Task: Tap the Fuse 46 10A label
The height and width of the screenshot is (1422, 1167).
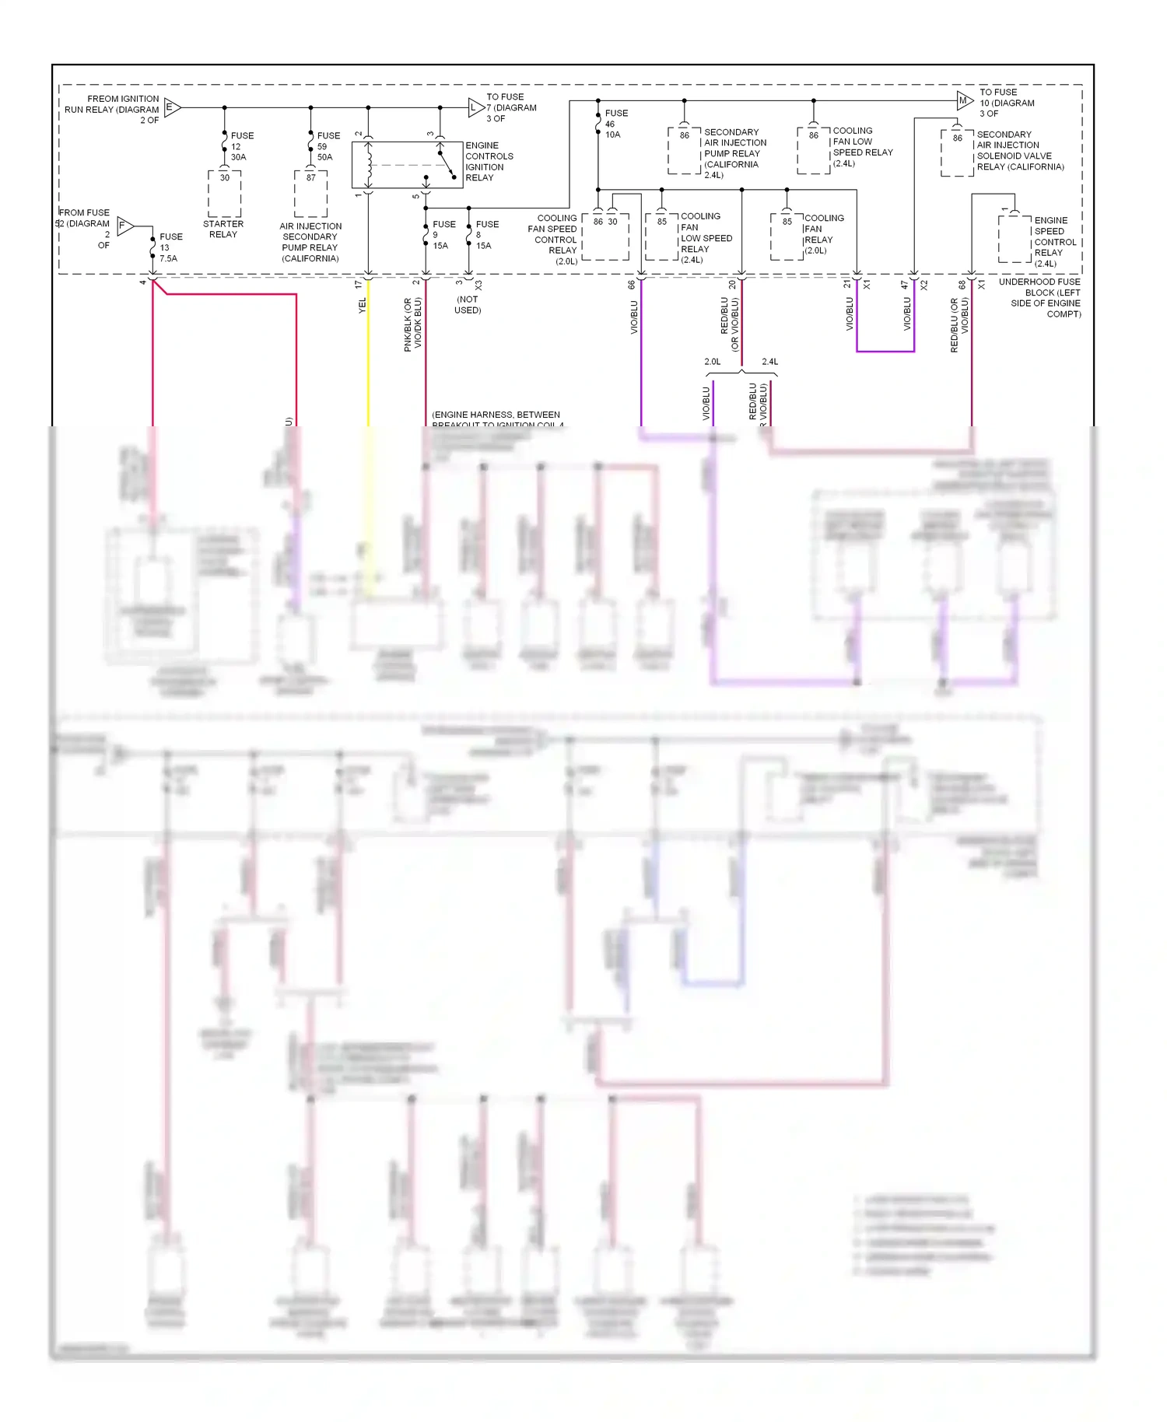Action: point(616,124)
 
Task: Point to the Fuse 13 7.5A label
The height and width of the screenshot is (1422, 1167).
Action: point(170,247)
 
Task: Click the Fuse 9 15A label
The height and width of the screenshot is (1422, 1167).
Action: point(443,235)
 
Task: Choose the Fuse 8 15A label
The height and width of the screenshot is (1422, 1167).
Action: point(486,235)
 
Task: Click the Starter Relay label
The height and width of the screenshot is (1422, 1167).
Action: point(223,229)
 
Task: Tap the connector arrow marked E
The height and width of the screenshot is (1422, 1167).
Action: point(172,107)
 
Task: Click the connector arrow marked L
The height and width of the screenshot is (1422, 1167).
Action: point(475,108)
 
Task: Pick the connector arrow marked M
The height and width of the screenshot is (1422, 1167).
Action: point(964,100)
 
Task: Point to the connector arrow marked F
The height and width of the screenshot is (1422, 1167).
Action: point(124,226)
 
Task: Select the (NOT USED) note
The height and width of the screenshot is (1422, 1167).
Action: point(468,305)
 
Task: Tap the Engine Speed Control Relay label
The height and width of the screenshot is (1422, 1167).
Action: point(1055,242)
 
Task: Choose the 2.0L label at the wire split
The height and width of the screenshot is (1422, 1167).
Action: point(712,362)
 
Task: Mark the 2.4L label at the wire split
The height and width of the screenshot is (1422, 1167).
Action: point(769,362)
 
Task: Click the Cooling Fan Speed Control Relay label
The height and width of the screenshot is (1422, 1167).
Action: point(553,240)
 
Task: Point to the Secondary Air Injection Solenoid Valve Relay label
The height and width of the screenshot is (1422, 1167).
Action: point(1019,151)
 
